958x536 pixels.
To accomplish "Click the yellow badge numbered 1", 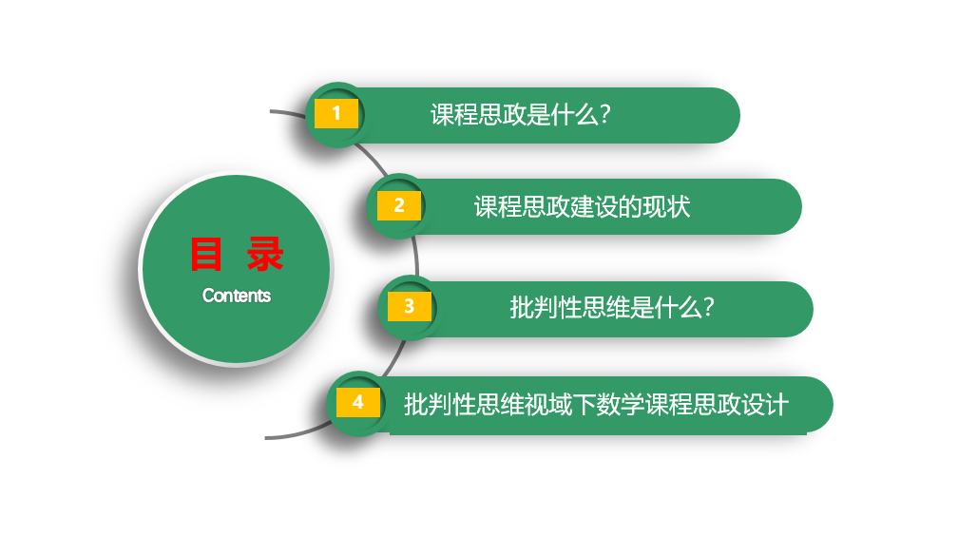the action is (x=336, y=114).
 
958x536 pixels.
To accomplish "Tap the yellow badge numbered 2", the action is (x=399, y=205).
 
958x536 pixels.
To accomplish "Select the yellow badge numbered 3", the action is (x=410, y=306).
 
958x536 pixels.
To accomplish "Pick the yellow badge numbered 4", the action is (x=358, y=402).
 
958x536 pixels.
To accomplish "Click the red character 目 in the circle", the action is (x=206, y=255).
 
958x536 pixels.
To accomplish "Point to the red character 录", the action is (x=265, y=255).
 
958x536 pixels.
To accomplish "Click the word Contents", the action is (x=237, y=296).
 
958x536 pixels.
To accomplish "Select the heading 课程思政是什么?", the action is (x=521, y=115).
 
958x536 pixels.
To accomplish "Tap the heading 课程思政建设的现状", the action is (x=583, y=206).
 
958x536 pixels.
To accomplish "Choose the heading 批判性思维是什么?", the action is (x=612, y=307).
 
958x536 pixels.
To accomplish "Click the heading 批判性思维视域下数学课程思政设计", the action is (x=596, y=405).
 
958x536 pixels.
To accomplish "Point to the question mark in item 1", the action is (x=604, y=115).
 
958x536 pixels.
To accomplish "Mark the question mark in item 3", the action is (x=708, y=307).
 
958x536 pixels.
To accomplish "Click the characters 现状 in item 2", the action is (x=667, y=206).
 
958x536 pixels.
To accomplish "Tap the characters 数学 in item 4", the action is (x=620, y=405).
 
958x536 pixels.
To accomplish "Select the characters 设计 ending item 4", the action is (x=765, y=405).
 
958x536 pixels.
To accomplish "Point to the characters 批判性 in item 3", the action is (x=546, y=307).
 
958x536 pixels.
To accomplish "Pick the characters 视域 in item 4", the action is (x=548, y=405).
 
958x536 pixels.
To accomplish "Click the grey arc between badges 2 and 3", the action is (x=416, y=257).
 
